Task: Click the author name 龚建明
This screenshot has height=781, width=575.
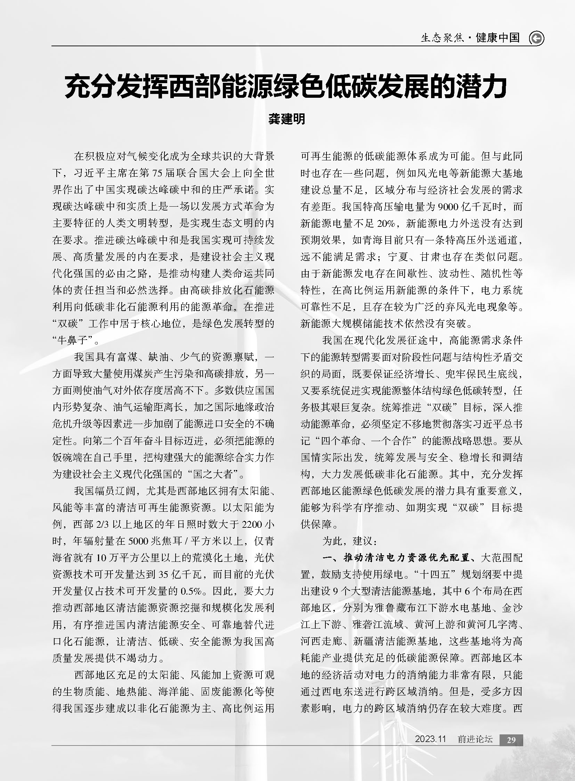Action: pyautogui.click(x=287, y=119)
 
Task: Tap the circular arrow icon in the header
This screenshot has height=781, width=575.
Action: pyautogui.click(x=536, y=38)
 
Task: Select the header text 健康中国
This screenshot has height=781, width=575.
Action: pyautogui.click(x=497, y=38)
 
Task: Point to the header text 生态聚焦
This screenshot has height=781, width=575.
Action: pyautogui.click(x=443, y=38)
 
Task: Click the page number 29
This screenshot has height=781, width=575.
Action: pyautogui.click(x=511, y=740)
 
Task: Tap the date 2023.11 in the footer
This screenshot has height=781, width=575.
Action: pyautogui.click(x=430, y=739)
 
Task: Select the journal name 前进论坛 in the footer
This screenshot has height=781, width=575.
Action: pyautogui.click(x=475, y=739)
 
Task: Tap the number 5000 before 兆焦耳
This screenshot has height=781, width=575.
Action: pyautogui.click(x=139, y=541)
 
